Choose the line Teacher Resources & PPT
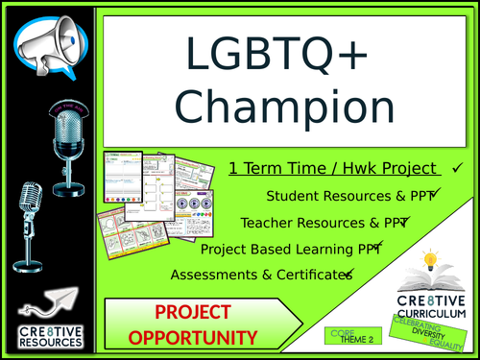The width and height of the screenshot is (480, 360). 324,222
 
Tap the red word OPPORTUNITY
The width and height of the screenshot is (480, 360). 193,338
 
